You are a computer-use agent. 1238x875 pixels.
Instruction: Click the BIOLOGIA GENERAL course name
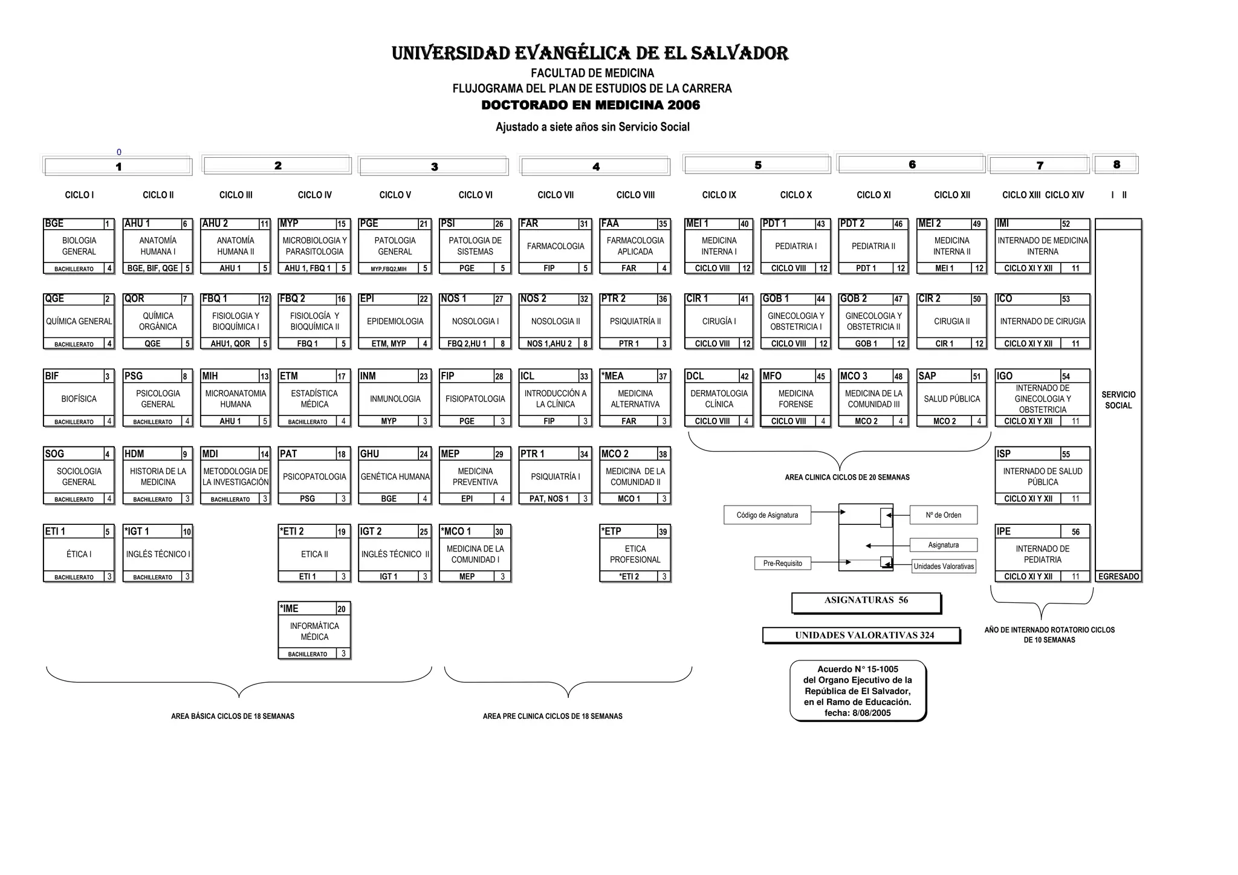pyautogui.click(x=79, y=246)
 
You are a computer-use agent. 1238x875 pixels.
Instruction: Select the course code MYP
pyautogui.click(x=290, y=224)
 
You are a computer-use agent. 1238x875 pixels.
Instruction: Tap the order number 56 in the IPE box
pyautogui.click(x=1075, y=532)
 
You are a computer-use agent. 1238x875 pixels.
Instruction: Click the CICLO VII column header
pyautogui.click(x=556, y=195)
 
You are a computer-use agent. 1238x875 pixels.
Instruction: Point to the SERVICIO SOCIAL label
pyautogui.click(x=1118, y=400)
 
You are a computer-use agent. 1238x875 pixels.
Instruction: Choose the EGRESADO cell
pyautogui.click(x=1118, y=577)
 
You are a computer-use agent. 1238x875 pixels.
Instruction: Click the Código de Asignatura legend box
pyautogui.click(x=767, y=515)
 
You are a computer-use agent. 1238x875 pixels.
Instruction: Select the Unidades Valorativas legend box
pyautogui.click(x=944, y=567)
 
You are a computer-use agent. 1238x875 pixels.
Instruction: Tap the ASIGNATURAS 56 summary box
pyautogui.click(x=866, y=600)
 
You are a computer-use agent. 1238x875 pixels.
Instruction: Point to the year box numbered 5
pyautogui.click(x=757, y=164)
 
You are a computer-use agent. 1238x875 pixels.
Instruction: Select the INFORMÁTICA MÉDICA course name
pyautogui.click(x=314, y=631)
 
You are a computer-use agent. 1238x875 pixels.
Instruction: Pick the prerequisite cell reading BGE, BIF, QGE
pyautogui.click(x=152, y=268)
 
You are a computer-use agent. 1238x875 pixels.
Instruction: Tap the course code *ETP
pyautogui.click(x=612, y=532)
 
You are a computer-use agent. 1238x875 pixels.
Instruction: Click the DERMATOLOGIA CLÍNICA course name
pyautogui.click(x=719, y=398)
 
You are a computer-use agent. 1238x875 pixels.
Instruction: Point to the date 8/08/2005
pyautogui.click(x=872, y=713)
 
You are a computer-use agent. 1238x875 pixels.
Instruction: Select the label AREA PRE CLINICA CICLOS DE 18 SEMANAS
pyautogui.click(x=553, y=716)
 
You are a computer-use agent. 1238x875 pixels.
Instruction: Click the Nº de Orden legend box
pyautogui.click(x=943, y=515)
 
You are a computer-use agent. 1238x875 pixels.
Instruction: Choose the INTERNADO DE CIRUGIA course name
pyautogui.click(x=1042, y=321)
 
